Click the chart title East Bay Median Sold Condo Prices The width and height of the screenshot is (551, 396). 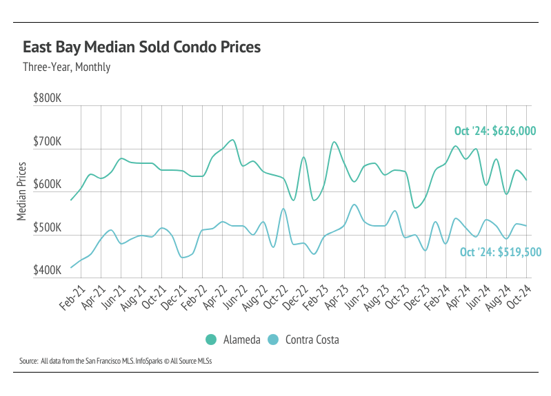142,48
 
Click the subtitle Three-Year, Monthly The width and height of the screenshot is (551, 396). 66,67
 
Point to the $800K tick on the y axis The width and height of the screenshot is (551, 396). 48,99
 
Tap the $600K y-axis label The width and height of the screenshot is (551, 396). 48,185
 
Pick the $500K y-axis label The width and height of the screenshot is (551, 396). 48,229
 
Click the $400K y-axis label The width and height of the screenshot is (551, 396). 48,271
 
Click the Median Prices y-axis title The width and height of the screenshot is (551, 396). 21,191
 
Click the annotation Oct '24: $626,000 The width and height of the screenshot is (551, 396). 495,131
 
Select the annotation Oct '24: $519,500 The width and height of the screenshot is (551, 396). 500,252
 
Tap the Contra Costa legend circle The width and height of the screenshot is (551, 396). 273,340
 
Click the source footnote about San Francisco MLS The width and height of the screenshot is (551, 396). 115,361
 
